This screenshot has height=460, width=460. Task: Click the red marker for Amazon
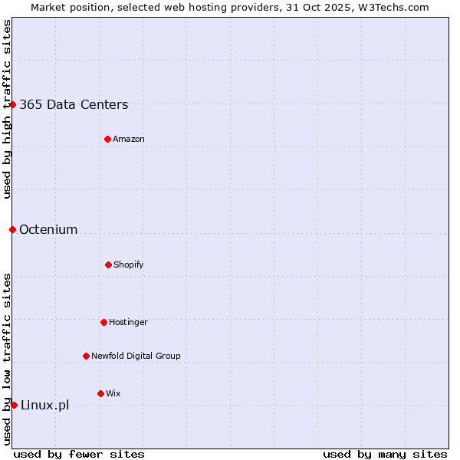click(x=107, y=139)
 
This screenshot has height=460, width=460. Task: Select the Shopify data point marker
click(x=108, y=264)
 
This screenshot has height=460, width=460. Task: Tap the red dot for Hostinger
click(x=103, y=322)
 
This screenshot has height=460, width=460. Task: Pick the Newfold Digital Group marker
click(x=86, y=356)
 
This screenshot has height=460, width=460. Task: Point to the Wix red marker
click(x=100, y=393)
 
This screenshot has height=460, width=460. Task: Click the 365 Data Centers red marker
click(x=13, y=104)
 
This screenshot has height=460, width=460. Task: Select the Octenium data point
click(x=12, y=229)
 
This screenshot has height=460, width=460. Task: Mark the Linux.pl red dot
click(x=14, y=405)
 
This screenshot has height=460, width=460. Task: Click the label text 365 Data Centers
click(x=74, y=105)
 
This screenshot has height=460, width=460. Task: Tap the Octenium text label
click(x=48, y=229)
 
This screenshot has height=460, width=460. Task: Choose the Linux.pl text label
click(x=44, y=405)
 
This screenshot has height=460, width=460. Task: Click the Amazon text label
click(x=129, y=139)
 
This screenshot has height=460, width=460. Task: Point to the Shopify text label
click(x=129, y=264)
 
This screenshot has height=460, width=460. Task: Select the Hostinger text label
click(x=128, y=322)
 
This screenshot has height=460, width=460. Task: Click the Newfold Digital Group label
click(x=136, y=356)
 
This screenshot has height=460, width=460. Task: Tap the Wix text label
click(x=113, y=393)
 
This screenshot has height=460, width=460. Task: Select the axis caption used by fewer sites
click(x=79, y=454)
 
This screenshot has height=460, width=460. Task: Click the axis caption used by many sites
click(x=385, y=454)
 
